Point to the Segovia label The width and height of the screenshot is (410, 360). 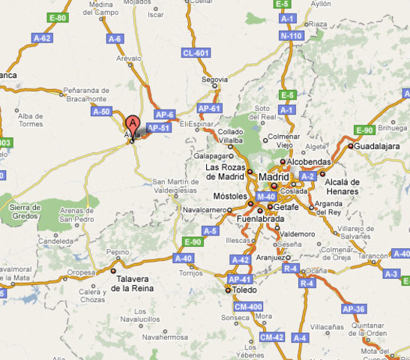pyautogui.click(x=215, y=76)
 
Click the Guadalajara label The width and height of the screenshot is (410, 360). pyautogui.click(x=376, y=146)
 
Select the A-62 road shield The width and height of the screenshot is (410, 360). pyautogui.click(x=42, y=37)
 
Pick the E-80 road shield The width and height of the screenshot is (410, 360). pyautogui.click(x=58, y=17)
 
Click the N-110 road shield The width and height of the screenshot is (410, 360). pyautogui.click(x=290, y=35)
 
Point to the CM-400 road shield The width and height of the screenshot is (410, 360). pyautogui.click(x=249, y=306)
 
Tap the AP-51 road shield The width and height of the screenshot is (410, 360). pyautogui.click(x=158, y=128)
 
